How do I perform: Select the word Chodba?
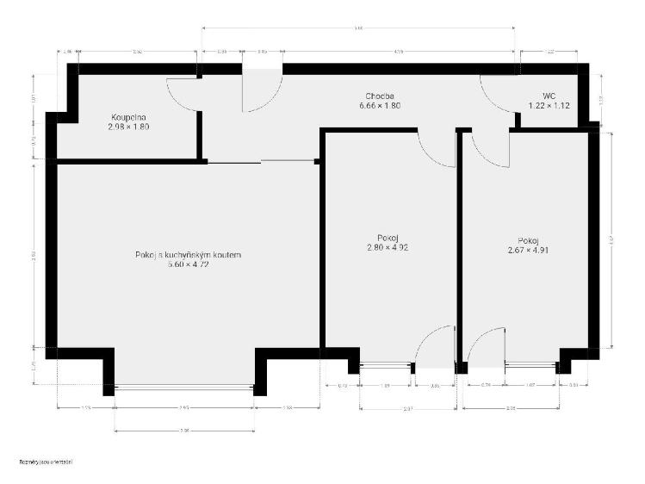(381, 96)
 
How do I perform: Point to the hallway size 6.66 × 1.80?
(381, 106)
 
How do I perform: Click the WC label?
(549, 96)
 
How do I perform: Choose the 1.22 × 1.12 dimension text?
(549, 106)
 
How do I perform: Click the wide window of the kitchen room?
(183, 388)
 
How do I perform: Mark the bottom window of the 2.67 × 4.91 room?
(530, 365)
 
